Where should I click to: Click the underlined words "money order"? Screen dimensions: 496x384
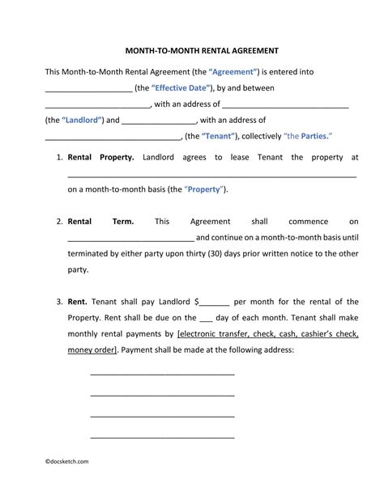coord(92,349)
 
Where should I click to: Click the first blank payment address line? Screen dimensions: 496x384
coord(162,375)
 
